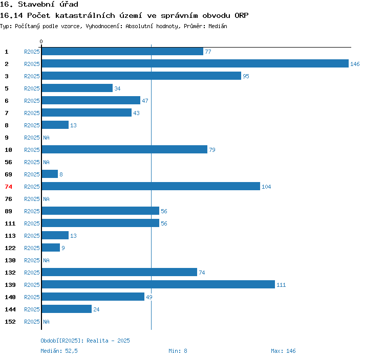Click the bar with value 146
(195, 64)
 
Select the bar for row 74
(151, 187)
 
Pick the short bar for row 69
(50, 174)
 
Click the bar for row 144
(67, 309)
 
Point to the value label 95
(246, 76)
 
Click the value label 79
(212, 150)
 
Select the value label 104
(266, 187)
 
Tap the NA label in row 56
(46, 162)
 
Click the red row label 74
(8, 187)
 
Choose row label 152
(10, 322)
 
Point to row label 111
(10, 223)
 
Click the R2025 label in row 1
(32, 52)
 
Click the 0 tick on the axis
(41, 41)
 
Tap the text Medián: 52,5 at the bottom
(59, 351)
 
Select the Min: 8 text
(178, 351)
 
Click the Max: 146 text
(283, 351)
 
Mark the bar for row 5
(77, 88)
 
